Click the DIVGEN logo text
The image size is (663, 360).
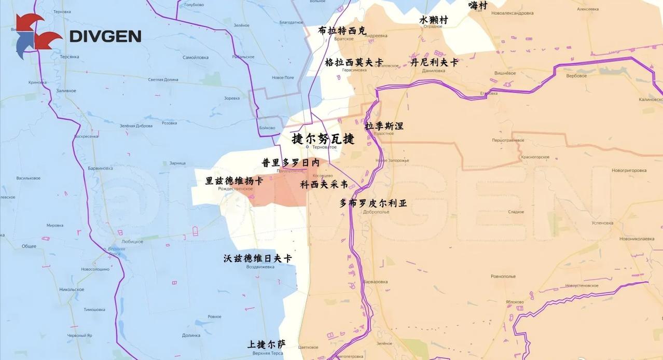point(105,36)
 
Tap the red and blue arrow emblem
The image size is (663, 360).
point(36,36)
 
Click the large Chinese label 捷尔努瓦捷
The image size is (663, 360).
point(323,139)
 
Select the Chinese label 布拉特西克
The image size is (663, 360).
point(342,31)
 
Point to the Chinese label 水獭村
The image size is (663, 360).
point(433,20)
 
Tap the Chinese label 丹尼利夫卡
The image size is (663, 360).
point(434,62)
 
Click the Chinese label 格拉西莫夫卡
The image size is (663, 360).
point(354,62)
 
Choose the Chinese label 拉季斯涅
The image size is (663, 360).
point(384,126)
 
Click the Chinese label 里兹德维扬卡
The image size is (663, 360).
point(234,181)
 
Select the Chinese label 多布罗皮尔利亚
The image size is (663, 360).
point(373,203)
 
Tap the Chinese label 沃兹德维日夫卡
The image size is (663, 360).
point(257,258)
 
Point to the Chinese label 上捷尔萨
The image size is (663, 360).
point(266,344)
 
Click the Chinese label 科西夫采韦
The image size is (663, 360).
point(324,184)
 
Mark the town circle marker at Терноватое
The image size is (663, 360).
point(307,147)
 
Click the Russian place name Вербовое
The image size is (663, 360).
point(576,76)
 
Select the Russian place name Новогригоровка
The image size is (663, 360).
point(629,170)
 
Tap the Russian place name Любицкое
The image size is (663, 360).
point(132,242)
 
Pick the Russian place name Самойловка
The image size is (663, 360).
point(196,58)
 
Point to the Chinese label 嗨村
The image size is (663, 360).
point(478,5)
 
